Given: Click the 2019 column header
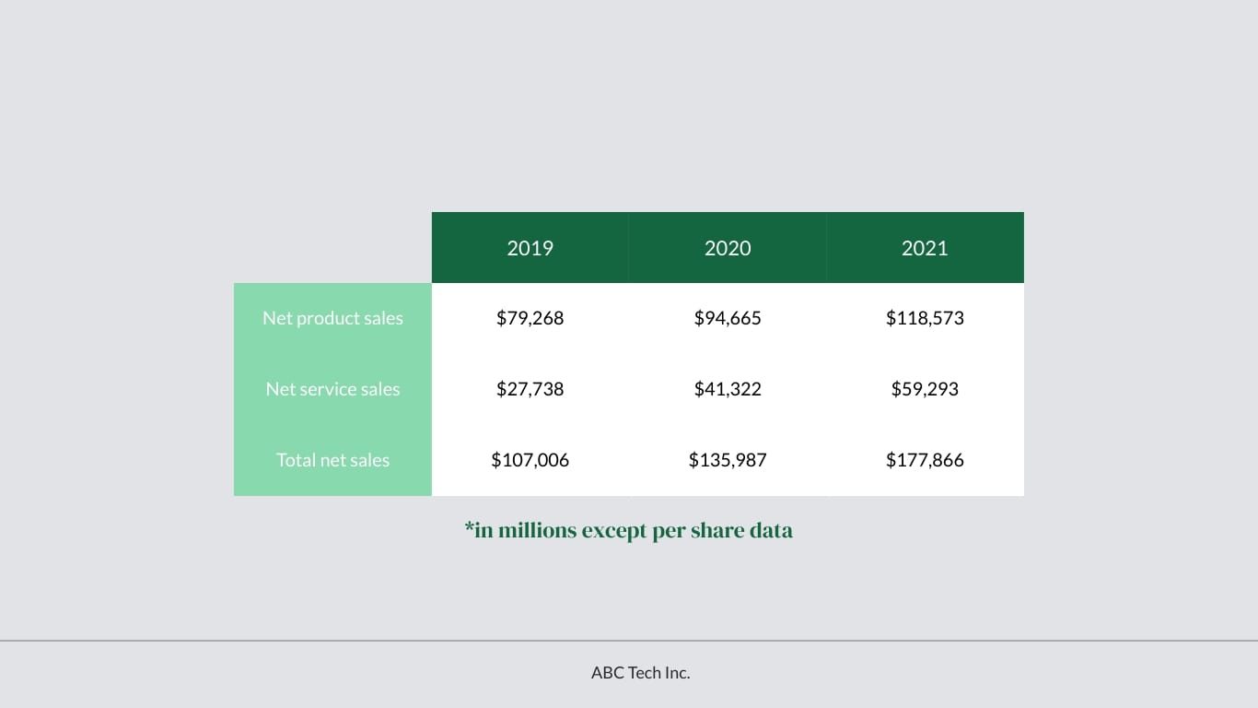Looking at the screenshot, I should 530,248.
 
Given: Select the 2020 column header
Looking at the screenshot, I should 728,248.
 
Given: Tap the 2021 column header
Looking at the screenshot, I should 925,248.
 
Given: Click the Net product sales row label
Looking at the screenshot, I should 332,318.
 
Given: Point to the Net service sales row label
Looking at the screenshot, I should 332,389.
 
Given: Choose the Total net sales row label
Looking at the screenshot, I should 332,460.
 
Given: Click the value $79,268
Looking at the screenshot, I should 530,318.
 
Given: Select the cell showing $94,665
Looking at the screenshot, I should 728,318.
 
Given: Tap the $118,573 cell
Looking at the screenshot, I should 925,318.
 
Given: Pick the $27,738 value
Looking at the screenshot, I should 530,389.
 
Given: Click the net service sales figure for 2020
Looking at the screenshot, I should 728,389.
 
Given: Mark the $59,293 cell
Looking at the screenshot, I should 925,389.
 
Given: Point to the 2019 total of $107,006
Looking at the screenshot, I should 530,460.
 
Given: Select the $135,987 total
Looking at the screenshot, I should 728,460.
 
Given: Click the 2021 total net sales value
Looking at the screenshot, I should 925,460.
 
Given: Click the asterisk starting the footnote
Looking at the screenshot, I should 469,528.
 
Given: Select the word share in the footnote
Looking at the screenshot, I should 718,531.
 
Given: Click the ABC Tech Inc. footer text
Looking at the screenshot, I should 640,673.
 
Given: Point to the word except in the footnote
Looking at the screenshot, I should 614,531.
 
